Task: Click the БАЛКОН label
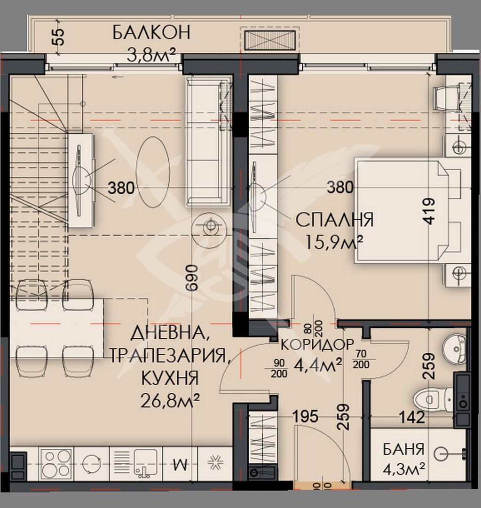pos(151,32)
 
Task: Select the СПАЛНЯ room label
pos(334,219)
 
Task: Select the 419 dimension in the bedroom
pos(428,212)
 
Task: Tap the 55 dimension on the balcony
pos(58,37)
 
